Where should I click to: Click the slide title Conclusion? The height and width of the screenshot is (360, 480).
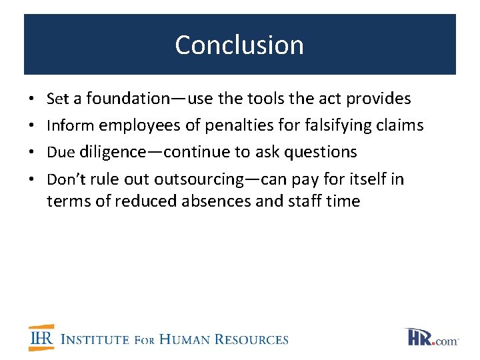[x=239, y=45]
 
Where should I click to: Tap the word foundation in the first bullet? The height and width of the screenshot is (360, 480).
[x=127, y=99]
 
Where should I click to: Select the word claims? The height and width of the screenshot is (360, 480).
[x=401, y=125]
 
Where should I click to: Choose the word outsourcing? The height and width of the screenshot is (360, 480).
[x=199, y=179]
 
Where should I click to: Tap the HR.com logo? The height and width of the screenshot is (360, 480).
[x=431, y=337]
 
